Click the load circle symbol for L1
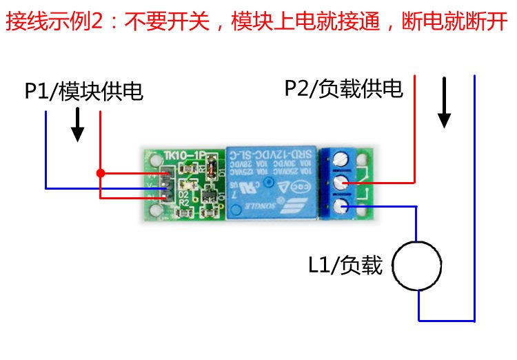coord(416,266)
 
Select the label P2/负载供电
coord(343,89)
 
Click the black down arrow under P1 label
coord(78,125)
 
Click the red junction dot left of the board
coord(101,172)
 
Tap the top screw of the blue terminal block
coord(341,160)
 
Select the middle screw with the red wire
coord(341,183)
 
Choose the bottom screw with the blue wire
coord(341,206)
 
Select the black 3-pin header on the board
coord(165,186)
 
